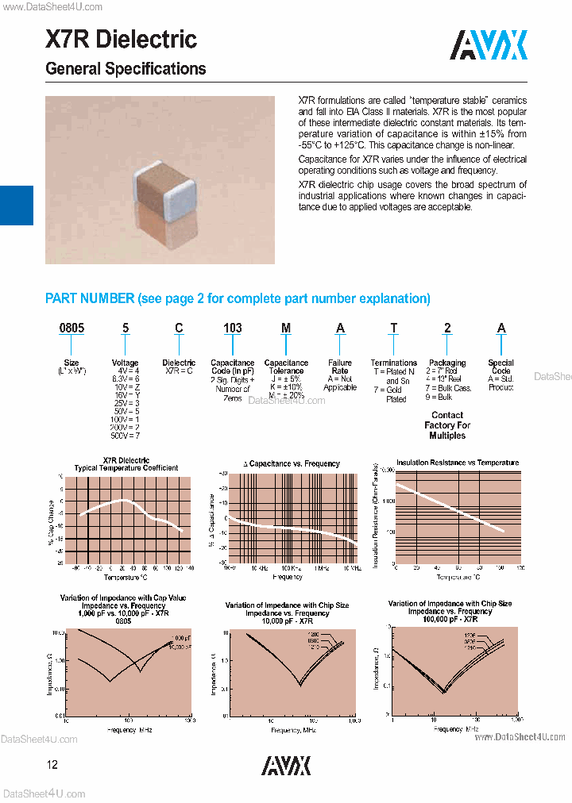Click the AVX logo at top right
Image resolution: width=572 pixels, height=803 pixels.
click(x=489, y=45)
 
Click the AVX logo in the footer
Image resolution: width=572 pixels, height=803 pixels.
click(x=286, y=765)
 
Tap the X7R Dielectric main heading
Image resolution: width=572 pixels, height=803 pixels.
click(x=122, y=39)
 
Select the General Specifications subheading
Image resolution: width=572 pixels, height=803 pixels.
click(x=126, y=69)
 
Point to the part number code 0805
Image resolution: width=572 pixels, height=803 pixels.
click(x=72, y=328)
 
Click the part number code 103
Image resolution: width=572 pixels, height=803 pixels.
click(x=232, y=328)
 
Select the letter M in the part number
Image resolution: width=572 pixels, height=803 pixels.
click(x=286, y=328)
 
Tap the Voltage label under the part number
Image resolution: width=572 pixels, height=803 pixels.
click(x=125, y=363)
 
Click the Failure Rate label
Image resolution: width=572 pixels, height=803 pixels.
click(x=340, y=367)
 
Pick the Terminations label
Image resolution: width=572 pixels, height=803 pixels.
click(x=394, y=363)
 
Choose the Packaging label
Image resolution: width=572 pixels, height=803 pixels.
click(x=447, y=363)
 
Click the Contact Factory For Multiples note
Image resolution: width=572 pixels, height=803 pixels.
click(x=447, y=425)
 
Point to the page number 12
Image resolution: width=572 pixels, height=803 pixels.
click(x=52, y=765)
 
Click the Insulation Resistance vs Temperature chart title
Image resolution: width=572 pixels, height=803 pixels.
click(x=446, y=462)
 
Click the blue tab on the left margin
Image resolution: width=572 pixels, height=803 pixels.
click(x=16, y=206)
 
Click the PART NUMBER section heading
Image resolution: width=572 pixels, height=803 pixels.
click(x=238, y=298)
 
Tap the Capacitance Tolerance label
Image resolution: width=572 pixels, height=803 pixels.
click(x=286, y=367)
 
